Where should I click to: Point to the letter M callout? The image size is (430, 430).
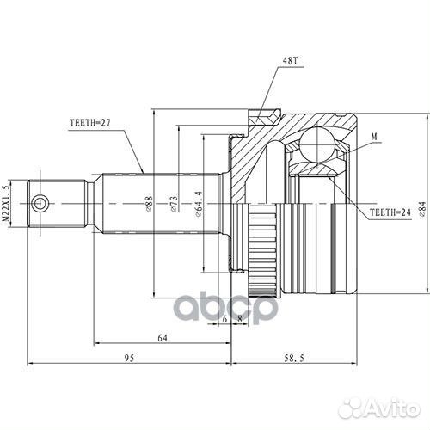click(374, 136)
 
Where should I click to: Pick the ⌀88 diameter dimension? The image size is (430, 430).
click(150, 203)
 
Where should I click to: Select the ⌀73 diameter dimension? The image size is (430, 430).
click(175, 203)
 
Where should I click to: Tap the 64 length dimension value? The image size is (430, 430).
click(162, 337)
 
